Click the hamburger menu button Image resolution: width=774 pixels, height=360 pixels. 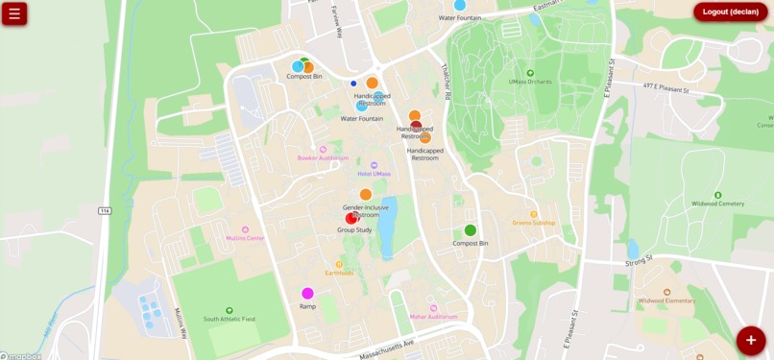[x=14, y=13]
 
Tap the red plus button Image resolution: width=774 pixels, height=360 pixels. [x=751, y=340]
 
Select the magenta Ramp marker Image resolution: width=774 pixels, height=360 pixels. [x=307, y=294]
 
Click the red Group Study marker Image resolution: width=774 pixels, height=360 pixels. [x=351, y=219]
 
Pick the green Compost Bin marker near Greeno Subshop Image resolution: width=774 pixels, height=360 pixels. [x=471, y=230]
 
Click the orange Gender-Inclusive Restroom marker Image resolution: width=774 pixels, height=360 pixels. [x=366, y=195]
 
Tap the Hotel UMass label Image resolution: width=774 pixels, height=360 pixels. [x=375, y=174]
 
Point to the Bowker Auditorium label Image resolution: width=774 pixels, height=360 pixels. [x=323, y=157]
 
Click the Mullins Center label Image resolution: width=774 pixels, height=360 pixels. [x=245, y=237]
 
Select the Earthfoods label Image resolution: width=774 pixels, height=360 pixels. [x=339, y=273]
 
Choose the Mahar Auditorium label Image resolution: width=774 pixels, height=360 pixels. [x=434, y=316]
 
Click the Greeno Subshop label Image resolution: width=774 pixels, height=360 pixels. [x=534, y=223]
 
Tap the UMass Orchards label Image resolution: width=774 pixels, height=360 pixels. [x=530, y=82]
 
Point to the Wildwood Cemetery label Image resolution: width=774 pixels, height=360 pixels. [x=717, y=204]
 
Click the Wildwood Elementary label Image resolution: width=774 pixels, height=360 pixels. [x=666, y=300]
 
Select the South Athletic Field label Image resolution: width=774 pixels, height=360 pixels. [x=229, y=319]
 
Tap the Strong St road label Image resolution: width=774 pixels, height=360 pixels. [x=639, y=259]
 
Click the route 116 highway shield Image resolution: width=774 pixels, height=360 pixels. [x=105, y=210]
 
